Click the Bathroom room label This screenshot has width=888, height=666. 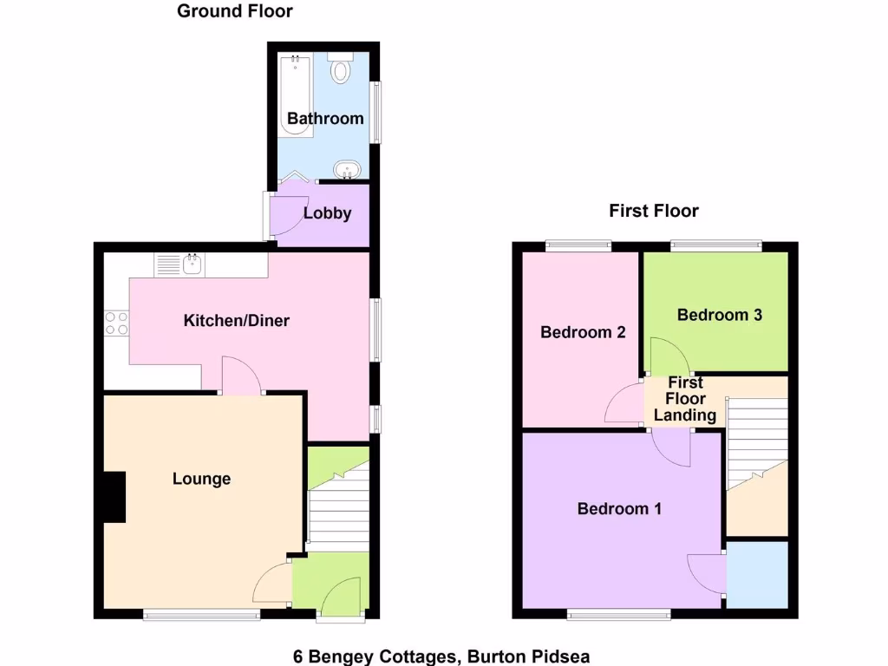point(325,119)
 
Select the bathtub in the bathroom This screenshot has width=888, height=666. point(297,95)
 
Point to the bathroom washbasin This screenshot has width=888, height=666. point(347,170)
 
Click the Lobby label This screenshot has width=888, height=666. point(327,213)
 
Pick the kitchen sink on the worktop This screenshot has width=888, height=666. point(190,264)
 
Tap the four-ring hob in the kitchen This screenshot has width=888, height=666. point(116,323)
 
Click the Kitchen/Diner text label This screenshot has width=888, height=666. point(236,321)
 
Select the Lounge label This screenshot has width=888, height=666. point(201,479)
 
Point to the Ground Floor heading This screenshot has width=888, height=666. point(234,11)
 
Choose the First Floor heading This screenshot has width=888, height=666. point(653,211)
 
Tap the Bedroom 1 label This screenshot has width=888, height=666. point(619,509)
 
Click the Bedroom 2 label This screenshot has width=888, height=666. point(583,332)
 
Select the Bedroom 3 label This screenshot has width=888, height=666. point(719,315)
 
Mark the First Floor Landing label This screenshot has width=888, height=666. point(685,399)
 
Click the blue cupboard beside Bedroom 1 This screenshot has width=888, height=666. point(757,574)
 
